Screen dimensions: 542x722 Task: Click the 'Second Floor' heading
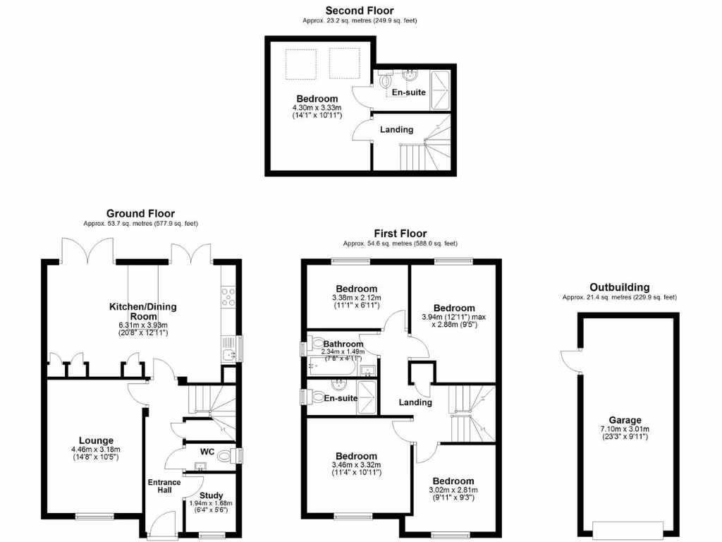(360, 11)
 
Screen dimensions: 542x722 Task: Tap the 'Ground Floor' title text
(140, 213)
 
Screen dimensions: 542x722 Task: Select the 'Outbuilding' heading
(619, 287)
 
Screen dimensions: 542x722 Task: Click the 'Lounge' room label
(96, 440)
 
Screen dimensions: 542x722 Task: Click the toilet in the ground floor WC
(227, 456)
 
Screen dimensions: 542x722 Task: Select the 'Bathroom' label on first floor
(343, 344)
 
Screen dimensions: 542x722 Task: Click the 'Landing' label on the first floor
(415, 402)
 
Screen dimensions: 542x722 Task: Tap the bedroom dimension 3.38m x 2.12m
(356, 298)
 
